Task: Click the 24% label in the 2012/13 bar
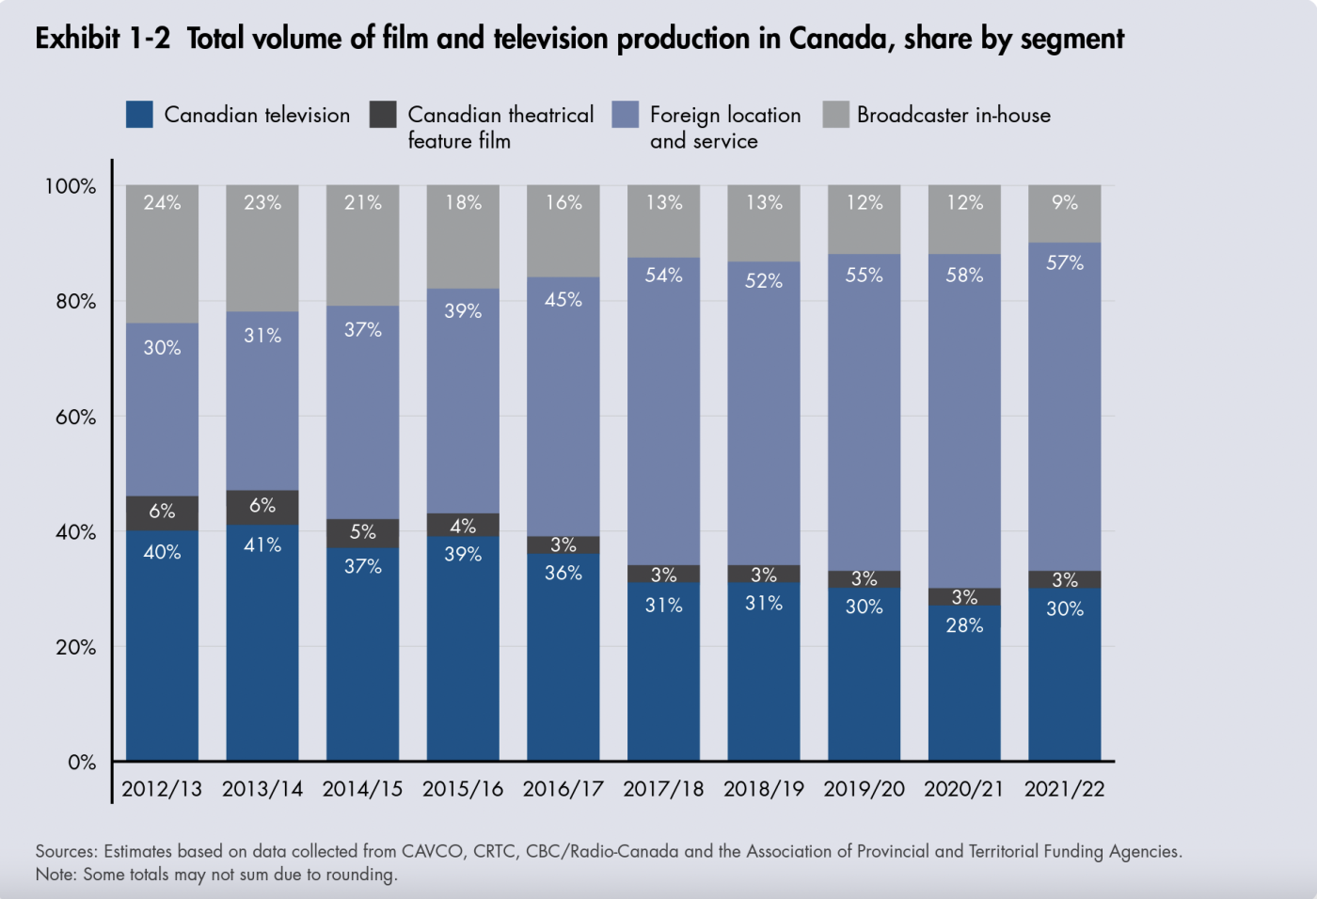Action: tap(162, 202)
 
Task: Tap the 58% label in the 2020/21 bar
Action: tap(964, 275)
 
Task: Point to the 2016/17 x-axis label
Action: tap(563, 789)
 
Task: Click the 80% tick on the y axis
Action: tap(75, 302)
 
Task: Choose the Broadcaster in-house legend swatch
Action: tap(835, 115)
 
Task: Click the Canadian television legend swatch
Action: tap(139, 115)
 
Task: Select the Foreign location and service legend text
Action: tap(724, 128)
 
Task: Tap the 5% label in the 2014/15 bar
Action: tap(362, 531)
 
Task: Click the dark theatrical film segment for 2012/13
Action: tap(162, 513)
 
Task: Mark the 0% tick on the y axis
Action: tap(82, 763)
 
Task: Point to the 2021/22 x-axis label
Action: tap(1064, 789)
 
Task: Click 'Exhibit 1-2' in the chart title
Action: tap(103, 39)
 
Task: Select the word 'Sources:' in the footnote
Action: tap(66, 851)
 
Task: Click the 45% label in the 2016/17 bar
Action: tap(563, 299)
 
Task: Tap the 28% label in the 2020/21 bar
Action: tap(964, 625)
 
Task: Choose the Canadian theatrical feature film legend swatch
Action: tap(383, 115)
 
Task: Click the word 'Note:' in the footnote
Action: tap(56, 875)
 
